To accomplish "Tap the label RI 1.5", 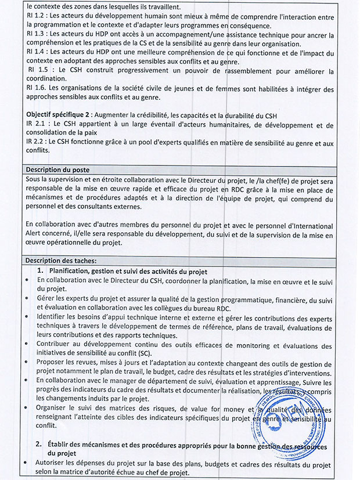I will click(39, 71).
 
